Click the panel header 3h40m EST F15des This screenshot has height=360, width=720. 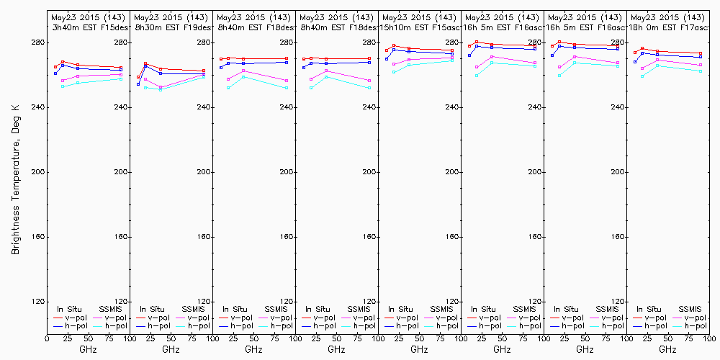[x=88, y=27]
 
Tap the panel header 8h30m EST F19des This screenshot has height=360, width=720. [x=171, y=27]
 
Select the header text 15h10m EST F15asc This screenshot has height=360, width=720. [x=419, y=27]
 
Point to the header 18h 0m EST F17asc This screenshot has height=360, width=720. [x=667, y=27]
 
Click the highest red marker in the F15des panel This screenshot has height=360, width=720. [x=63, y=63]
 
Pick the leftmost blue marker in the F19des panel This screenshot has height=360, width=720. [x=138, y=84]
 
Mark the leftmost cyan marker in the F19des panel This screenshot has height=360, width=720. [x=145, y=88]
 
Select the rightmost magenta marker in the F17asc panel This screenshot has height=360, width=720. [x=701, y=65]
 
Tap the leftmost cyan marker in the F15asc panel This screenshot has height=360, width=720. [x=394, y=72]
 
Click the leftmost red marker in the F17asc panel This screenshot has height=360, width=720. [x=635, y=52]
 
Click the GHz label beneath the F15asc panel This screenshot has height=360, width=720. [x=419, y=349]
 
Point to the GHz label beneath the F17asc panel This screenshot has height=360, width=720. [x=667, y=349]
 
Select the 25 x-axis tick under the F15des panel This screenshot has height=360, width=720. [x=63, y=337]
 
